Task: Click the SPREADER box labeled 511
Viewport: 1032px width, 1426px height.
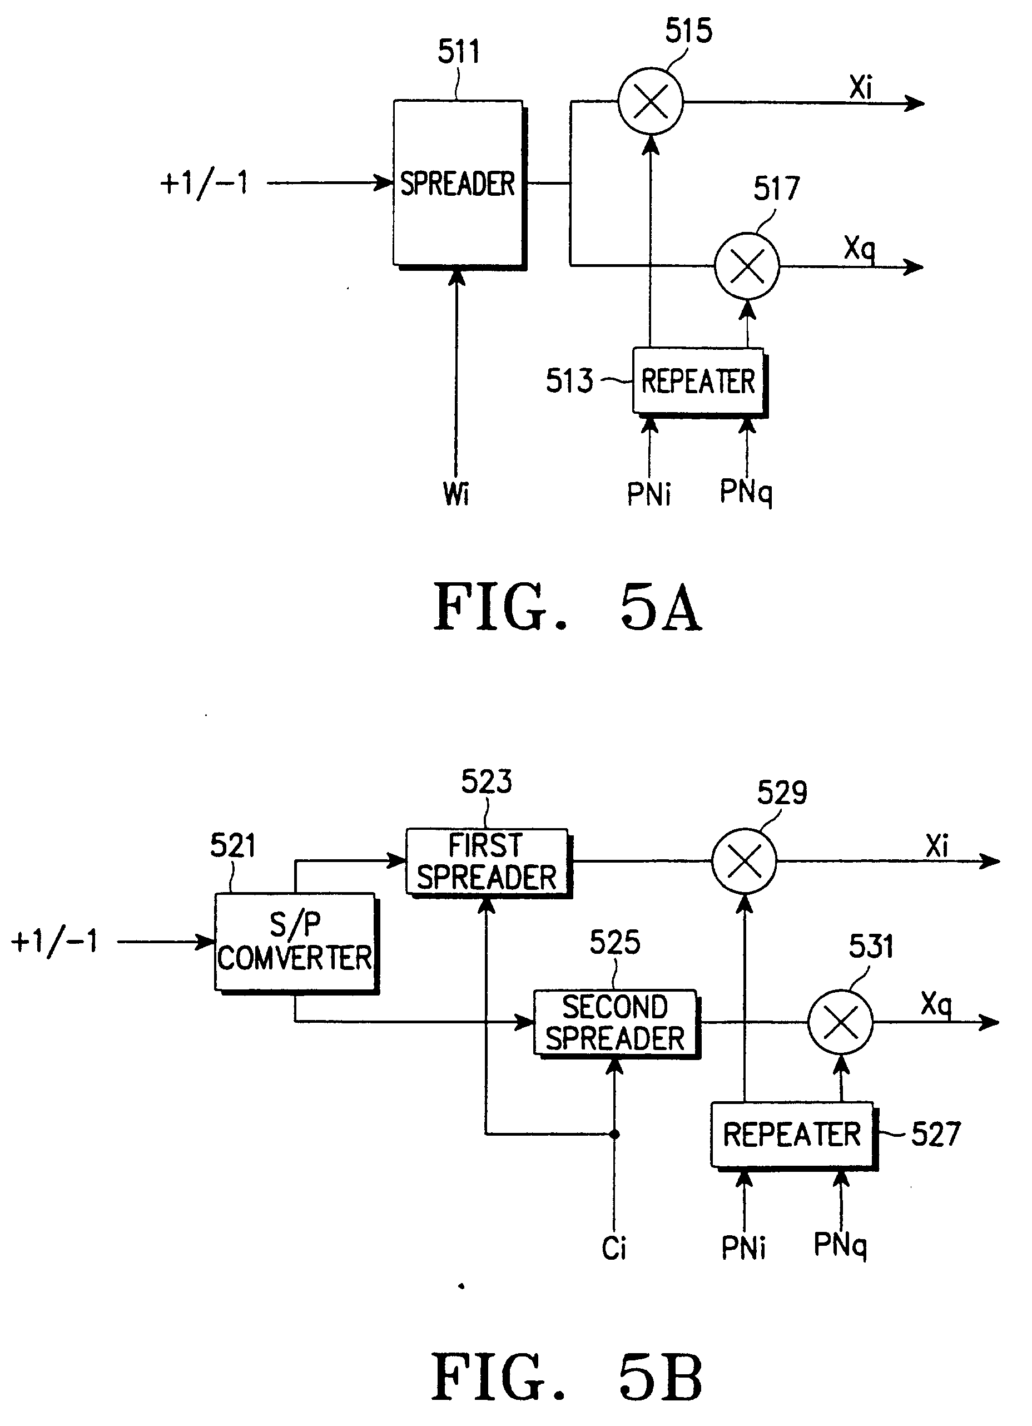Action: (x=458, y=183)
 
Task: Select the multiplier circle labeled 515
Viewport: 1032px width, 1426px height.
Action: (x=651, y=101)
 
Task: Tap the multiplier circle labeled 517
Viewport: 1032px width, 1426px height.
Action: (x=747, y=265)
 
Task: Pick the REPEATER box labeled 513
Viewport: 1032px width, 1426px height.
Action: (x=698, y=381)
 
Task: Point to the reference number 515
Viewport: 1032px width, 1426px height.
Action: (x=688, y=31)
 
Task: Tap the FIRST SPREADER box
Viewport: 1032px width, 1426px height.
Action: (x=487, y=861)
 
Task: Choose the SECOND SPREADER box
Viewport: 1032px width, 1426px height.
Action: (x=616, y=1022)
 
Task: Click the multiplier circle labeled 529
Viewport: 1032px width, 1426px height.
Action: (x=744, y=861)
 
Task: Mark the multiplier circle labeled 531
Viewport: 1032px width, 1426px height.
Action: (x=840, y=1022)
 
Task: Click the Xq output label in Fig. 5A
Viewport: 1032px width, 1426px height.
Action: (x=859, y=249)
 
